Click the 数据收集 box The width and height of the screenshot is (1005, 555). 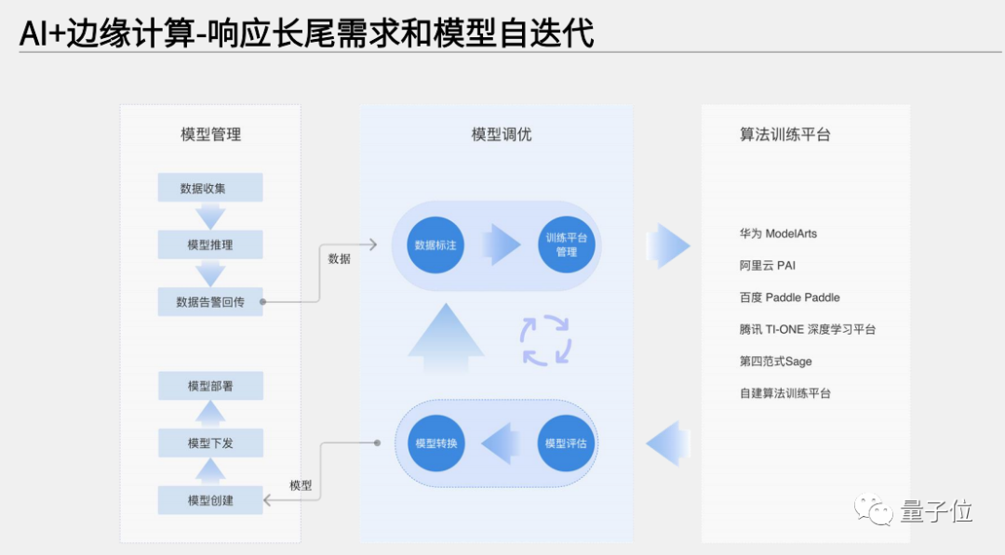209,188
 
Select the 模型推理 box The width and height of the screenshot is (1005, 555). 209,244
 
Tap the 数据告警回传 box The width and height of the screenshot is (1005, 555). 209,302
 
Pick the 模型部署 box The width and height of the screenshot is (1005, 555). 210,386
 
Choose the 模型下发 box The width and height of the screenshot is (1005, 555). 210,443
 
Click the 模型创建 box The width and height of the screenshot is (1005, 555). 210,500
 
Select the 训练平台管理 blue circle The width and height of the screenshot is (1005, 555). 566,245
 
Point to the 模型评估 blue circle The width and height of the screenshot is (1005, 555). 566,443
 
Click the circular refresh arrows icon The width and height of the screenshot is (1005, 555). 545,340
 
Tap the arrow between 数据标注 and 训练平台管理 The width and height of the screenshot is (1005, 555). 501,245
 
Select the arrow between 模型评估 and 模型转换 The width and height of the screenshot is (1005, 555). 501,443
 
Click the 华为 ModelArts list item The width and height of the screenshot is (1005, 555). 778,233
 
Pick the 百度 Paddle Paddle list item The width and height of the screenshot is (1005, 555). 789,297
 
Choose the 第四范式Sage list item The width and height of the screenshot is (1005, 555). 775,362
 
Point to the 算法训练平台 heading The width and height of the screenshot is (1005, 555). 784,135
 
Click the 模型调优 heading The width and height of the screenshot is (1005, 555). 502,135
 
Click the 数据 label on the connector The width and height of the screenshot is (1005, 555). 339,259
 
